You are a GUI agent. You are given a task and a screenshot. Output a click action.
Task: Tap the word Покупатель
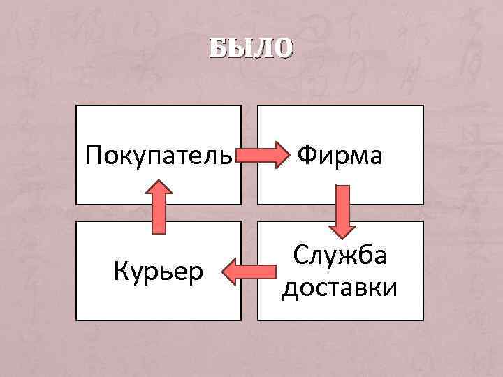(158, 155)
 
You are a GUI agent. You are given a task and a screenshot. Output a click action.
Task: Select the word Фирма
(340, 154)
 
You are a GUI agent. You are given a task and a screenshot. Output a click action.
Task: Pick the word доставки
(340, 286)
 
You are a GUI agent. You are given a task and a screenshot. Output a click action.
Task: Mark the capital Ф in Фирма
(309, 154)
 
